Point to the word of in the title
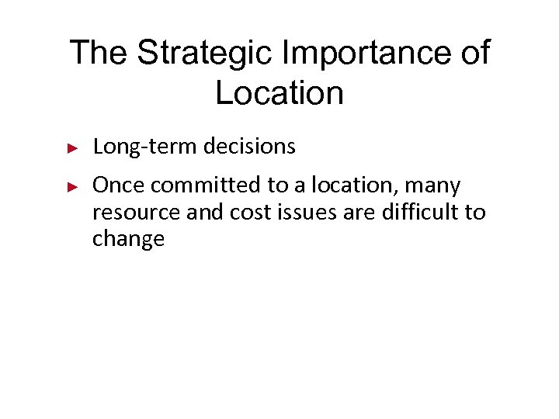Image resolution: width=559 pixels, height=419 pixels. pyautogui.click(x=474, y=53)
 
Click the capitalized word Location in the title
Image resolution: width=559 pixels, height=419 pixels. pyautogui.click(x=279, y=93)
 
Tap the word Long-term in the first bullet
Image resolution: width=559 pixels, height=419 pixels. pyautogui.click(x=147, y=146)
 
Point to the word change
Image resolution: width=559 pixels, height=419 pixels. pyautogui.click(x=129, y=239)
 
